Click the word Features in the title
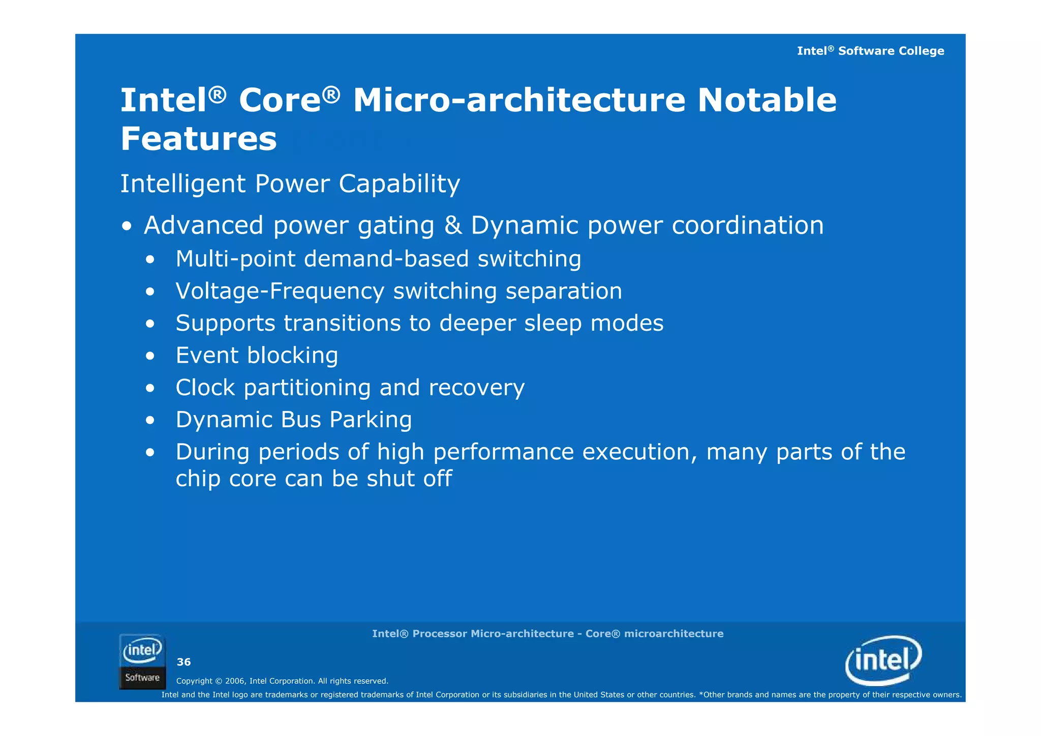(x=198, y=139)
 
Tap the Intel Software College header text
(x=870, y=51)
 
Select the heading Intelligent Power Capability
(x=290, y=184)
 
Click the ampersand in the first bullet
(x=453, y=225)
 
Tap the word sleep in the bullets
(x=553, y=323)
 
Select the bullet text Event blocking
(x=257, y=355)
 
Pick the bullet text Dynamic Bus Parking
(x=293, y=420)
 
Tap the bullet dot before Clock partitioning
(x=149, y=389)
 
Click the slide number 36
(x=183, y=662)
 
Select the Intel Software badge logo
(x=142, y=661)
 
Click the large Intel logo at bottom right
(x=883, y=660)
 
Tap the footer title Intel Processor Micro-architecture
(x=547, y=634)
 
